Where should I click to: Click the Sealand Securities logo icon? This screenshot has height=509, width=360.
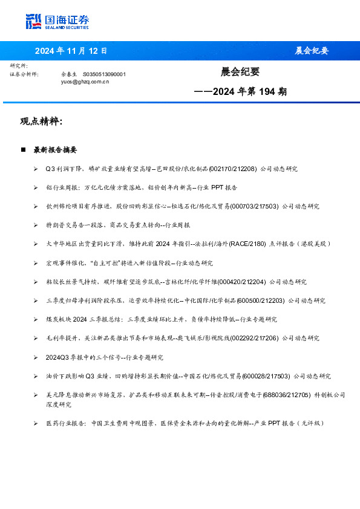[x=33, y=22]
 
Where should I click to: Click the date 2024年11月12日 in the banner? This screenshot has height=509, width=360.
[x=71, y=51]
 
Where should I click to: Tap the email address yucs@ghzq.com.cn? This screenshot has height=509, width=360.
[x=85, y=80]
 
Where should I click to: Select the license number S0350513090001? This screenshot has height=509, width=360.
[x=104, y=74]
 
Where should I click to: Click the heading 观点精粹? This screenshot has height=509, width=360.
[x=41, y=122]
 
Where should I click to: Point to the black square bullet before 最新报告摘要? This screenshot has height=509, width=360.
[x=23, y=149]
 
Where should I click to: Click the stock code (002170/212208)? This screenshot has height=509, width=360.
[x=232, y=169]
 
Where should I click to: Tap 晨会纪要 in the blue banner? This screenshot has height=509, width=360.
[x=312, y=51]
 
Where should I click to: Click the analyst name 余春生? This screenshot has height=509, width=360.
[x=69, y=74]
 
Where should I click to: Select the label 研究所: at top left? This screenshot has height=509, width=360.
[x=19, y=65]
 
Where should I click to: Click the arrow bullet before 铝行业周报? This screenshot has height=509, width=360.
[x=36, y=187]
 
